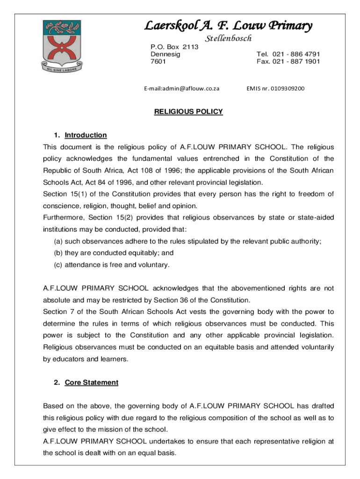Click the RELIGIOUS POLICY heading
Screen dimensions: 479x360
188,112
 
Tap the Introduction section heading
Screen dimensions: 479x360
86,135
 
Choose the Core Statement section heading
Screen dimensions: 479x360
91,383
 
